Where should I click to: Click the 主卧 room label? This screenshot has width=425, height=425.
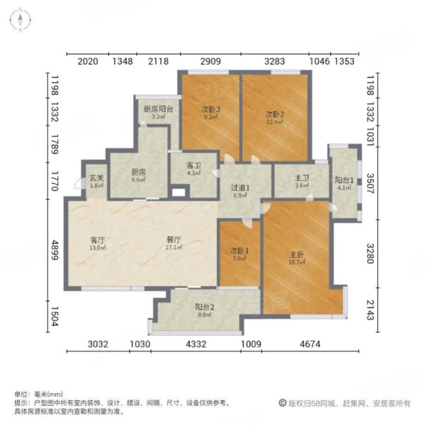296,251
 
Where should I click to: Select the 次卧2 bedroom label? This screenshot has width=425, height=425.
275,114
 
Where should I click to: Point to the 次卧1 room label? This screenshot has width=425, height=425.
239,250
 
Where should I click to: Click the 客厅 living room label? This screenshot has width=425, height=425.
97,239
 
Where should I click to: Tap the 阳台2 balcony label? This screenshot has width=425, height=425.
205,307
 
